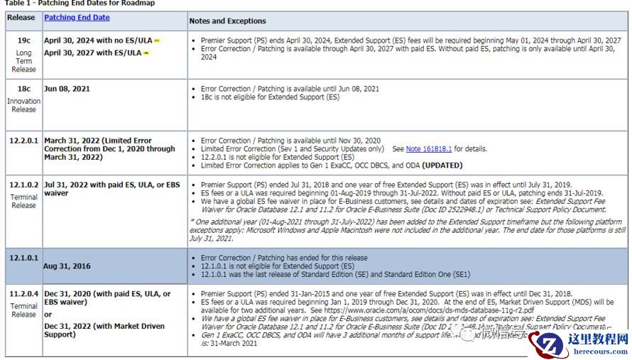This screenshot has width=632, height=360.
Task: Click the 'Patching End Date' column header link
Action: click(x=77, y=17)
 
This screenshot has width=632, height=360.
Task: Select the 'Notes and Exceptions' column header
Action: click(x=227, y=21)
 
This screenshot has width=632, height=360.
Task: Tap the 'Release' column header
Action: click(x=21, y=17)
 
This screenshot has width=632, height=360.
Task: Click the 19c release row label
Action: click(x=23, y=41)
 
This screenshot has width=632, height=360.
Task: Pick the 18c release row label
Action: click(x=23, y=89)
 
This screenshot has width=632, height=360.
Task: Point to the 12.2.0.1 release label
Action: click(x=23, y=141)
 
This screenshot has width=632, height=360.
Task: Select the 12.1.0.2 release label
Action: click(x=23, y=185)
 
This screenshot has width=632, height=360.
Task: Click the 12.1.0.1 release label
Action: click(x=23, y=258)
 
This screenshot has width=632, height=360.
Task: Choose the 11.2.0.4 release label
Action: click(x=23, y=293)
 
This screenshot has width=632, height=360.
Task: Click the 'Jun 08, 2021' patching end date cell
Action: click(x=67, y=89)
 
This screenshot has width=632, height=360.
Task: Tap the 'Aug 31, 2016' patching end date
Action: click(x=68, y=266)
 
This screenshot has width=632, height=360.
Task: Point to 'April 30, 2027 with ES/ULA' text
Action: click(x=92, y=53)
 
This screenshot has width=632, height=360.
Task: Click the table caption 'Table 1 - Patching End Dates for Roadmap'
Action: click(x=77, y=4)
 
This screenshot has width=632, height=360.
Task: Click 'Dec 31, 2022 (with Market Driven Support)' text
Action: click(x=104, y=330)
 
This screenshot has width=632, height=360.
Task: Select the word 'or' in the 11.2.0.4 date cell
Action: click(x=48, y=314)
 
